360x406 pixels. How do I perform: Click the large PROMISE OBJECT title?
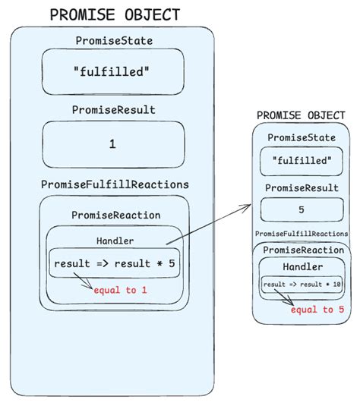point(114,14)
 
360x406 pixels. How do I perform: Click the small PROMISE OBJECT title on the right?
point(301,115)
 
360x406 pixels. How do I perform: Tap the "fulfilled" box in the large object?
point(112,72)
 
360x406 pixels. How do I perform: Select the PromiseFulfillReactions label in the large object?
point(115,184)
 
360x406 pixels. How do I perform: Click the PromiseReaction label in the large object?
point(115,215)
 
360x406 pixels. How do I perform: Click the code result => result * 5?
point(114,263)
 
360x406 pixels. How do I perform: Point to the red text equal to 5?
point(313,310)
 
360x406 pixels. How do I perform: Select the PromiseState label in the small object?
point(302,137)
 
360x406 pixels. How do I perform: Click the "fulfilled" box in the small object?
point(302,161)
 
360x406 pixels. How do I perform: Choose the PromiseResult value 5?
point(302,210)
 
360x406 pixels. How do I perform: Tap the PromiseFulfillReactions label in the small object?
point(302,234)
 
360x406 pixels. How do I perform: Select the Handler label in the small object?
point(302,267)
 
